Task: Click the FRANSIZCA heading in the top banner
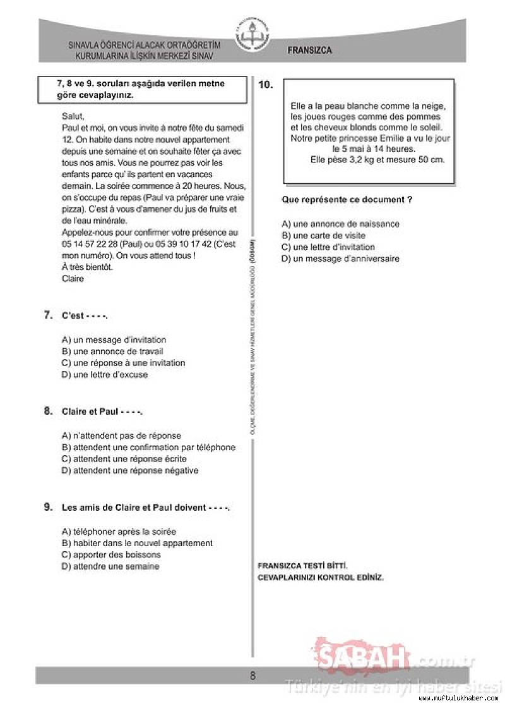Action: coord(309,50)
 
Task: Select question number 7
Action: coord(48,315)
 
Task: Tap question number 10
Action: coord(266,85)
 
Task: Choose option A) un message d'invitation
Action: coord(114,340)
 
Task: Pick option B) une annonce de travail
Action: coord(112,351)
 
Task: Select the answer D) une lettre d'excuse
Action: coord(105,375)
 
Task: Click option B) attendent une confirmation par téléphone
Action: coord(148,448)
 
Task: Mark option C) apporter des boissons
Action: coord(111,555)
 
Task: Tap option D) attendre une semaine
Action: coord(110,566)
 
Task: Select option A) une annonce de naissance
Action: coord(340,224)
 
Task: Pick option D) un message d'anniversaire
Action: coord(340,259)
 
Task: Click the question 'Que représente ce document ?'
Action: coord(347,200)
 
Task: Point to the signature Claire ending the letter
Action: coord(73,279)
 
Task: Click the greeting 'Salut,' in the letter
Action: coord(73,116)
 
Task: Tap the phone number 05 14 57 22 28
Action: coord(88,244)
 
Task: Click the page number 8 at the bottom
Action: coord(252,675)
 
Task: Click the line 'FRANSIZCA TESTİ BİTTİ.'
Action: coord(303,566)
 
